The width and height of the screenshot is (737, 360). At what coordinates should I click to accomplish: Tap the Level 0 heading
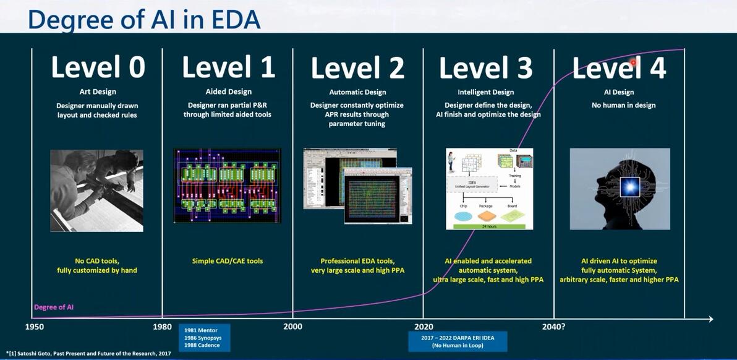click(x=98, y=67)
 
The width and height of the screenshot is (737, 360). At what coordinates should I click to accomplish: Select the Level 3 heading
click(x=485, y=67)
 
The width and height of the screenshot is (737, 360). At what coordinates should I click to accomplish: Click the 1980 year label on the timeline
click(x=162, y=326)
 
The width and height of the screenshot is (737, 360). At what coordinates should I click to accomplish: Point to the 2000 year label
click(x=292, y=326)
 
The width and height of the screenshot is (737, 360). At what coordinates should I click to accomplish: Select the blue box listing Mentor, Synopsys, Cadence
click(x=204, y=338)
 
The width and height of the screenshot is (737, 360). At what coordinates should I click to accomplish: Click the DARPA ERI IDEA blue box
click(x=457, y=341)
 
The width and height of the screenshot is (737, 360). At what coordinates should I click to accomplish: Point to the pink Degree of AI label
click(x=54, y=307)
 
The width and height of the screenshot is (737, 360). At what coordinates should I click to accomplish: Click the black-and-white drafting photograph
click(x=96, y=191)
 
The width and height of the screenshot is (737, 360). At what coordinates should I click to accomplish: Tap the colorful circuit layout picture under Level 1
click(x=227, y=186)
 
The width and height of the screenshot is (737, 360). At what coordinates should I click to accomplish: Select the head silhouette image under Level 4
click(x=620, y=189)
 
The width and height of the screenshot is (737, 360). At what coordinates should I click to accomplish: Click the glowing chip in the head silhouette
click(x=629, y=186)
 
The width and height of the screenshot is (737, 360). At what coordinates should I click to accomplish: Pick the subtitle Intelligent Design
click(x=486, y=92)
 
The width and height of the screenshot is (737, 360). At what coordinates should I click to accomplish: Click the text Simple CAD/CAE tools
click(x=227, y=261)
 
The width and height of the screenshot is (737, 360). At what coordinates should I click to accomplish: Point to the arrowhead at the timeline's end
click(x=710, y=319)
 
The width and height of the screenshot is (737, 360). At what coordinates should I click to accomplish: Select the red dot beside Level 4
click(x=633, y=62)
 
